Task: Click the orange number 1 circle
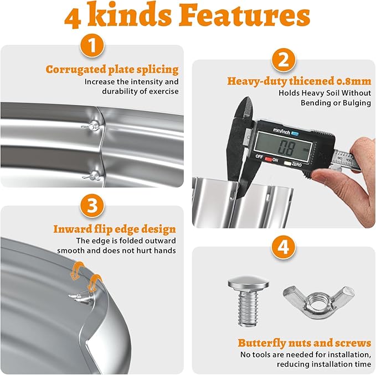pos(92,45)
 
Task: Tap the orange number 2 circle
pos(284,60)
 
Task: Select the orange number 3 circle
pos(92,206)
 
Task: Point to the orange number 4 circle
pos(284,247)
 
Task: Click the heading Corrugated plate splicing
pos(112,70)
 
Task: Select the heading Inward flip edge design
pos(115,229)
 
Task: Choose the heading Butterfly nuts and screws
pos(305,343)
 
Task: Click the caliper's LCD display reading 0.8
pos(284,147)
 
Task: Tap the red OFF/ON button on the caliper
pos(269,159)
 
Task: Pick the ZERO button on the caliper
pos(287,164)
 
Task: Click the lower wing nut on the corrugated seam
pos(92,176)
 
